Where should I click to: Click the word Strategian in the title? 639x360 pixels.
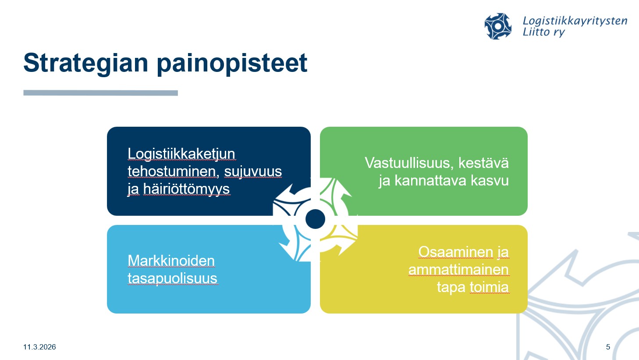(86, 64)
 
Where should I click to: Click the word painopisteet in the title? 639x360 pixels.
(232, 64)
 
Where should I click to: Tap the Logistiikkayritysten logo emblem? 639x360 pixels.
(498, 26)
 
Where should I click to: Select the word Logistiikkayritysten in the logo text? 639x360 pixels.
(575, 21)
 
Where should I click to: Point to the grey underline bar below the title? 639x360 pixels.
(101, 93)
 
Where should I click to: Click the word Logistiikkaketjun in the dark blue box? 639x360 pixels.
(181, 154)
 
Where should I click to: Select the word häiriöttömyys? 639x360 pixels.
(186, 189)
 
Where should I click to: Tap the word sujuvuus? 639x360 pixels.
(253, 171)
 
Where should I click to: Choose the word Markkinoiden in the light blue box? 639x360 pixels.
(171, 260)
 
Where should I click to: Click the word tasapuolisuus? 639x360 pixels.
(173, 278)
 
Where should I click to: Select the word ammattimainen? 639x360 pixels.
(459, 270)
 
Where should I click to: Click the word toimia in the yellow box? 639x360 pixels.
(489, 287)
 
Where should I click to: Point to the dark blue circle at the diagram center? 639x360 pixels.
(315, 219)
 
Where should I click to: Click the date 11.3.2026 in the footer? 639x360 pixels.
(39, 347)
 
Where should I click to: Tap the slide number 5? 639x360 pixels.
(608, 347)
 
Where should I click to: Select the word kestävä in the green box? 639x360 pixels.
(483, 163)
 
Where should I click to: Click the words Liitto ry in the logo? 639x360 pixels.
(544, 32)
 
